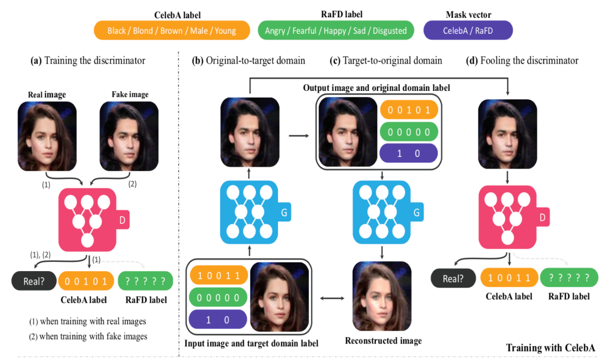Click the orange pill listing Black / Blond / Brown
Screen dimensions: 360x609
tap(171, 31)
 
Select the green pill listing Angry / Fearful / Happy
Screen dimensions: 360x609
tap(335, 31)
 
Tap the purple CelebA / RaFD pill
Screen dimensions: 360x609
tap(468, 31)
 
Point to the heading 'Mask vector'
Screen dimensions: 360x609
tap(468, 15)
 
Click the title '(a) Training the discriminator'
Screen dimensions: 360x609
tap(88, 60)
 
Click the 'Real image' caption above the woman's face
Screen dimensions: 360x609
tap(47, 94)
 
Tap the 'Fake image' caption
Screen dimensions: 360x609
tap(130, 94)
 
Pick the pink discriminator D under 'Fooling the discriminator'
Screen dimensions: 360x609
tap(508, 216)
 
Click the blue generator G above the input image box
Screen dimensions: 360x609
tap(249, 213)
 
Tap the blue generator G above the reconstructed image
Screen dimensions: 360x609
tap(382, 213)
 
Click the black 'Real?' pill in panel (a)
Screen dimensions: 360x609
tap(33, 281)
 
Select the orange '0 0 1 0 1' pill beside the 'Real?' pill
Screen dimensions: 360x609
tap(86, 281)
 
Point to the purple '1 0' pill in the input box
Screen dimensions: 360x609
tap(217, 320)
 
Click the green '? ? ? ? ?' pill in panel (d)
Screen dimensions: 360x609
tap(569, 278)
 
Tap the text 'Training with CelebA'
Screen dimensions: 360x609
tap(550, 348)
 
